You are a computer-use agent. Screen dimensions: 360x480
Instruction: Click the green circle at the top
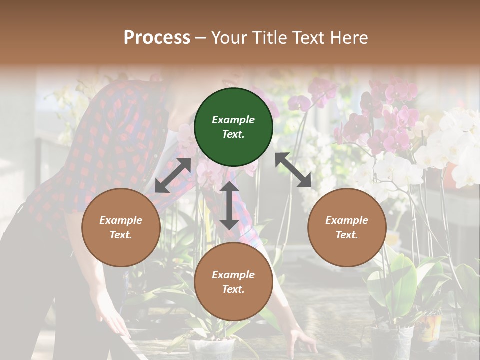point(233,127)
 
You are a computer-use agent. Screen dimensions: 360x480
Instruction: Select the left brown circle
point(121,227)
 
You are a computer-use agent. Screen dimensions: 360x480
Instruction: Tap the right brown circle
point(347,227)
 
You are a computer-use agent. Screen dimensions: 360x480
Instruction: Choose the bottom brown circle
point(233,282)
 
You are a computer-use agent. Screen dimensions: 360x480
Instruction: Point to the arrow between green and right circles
point(293,170)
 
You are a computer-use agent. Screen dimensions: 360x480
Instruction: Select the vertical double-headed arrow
point(229,205)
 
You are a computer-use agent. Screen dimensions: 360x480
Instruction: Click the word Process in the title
point(157,37)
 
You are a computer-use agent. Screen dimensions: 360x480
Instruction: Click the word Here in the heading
point(349,37)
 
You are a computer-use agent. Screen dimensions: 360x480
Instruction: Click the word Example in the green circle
point(233,120)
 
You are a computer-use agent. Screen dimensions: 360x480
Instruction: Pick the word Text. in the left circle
point(121,235)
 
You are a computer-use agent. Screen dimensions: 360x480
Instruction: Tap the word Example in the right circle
point(347,220)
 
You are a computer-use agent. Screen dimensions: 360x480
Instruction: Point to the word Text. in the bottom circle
point(233,289)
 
